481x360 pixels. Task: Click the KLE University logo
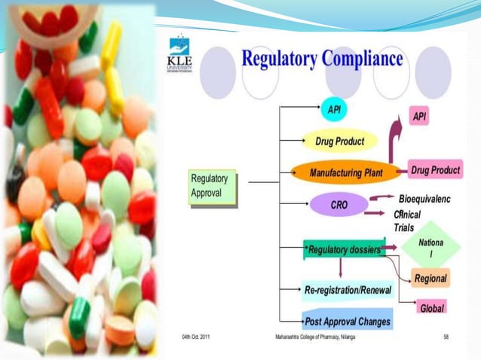[179, 55]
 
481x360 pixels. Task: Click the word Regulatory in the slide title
[278, 59]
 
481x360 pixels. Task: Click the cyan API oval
[334, 108]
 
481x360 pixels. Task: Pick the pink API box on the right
[420, 117]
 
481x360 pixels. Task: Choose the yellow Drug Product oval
[339, 141]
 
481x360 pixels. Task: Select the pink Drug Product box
[435, 170]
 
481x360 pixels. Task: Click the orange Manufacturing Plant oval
[345, 172]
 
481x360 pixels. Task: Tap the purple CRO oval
[339, 204]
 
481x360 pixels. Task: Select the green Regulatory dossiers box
[344, 249]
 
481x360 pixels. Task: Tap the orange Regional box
[430, 279]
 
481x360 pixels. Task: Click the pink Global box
[431, 307]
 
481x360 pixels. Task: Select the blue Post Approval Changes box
[347, 322]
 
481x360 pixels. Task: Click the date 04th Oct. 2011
[195, 337]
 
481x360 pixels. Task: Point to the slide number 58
[446, 337]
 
